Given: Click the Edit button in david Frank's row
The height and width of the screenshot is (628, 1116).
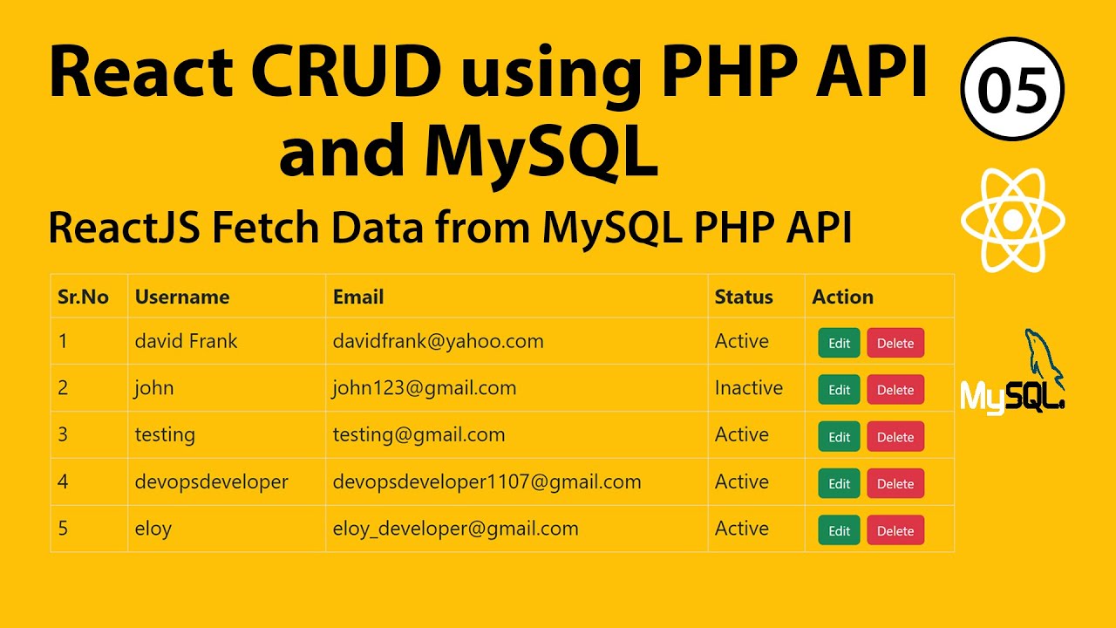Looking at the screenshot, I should coord(839,343).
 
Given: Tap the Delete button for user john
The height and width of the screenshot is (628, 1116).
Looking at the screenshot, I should coord(895,390).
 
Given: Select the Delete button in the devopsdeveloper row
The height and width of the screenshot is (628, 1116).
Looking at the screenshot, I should coord(895,484).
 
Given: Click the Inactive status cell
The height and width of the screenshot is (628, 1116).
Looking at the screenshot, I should coord(748,388).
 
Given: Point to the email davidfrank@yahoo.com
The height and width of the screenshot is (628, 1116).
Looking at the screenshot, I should coord(438,341).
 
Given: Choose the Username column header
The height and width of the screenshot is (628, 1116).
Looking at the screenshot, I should coord(181,297).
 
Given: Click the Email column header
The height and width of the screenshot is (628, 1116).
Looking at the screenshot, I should coord(358,297).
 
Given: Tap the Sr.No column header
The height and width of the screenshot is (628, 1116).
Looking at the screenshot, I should coord(83,297).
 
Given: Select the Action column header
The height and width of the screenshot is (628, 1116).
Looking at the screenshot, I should coord(842,297).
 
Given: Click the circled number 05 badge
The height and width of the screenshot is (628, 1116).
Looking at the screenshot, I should coord(1012,90).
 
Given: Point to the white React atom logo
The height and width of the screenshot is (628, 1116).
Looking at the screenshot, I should coord(1012,220).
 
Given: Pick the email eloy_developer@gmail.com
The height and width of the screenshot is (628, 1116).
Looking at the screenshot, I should coord(455,529).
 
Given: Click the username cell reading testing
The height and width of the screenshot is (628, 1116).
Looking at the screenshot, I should coord(165,435).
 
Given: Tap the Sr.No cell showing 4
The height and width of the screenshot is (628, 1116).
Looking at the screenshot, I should coord(63,482).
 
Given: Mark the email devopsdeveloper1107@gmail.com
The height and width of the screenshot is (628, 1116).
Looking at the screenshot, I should coord(487,481).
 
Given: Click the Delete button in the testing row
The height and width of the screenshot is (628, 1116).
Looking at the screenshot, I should coord(895,437).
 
